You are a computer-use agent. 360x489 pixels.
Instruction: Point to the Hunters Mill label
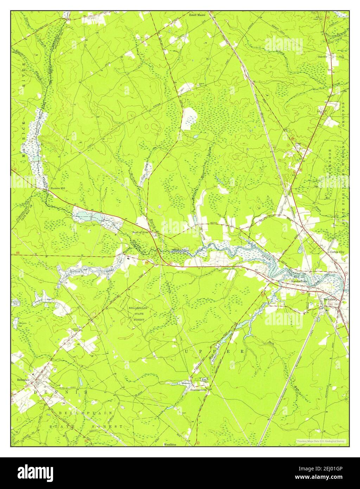pyautogui.click(x=58, y=188)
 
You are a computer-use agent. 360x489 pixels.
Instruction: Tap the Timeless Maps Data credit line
pyautogui.click(x=320, y=441)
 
